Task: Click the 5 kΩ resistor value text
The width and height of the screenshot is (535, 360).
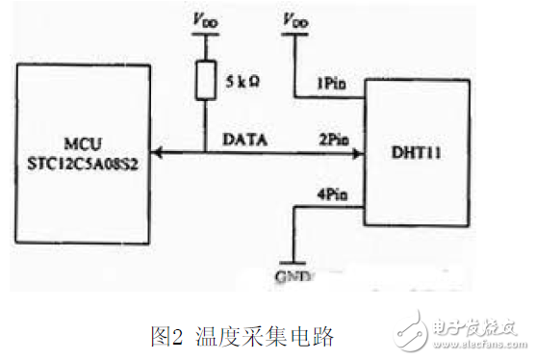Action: point(243,80)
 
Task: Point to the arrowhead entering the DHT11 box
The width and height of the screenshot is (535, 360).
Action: point(356,151)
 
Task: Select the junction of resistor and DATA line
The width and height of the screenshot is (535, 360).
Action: point(205,151)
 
